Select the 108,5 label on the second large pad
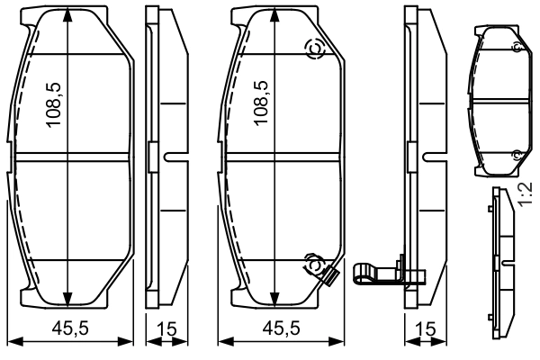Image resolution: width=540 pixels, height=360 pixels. [x=263, y=106]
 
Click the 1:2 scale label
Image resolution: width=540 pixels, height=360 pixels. [x=528, y=195]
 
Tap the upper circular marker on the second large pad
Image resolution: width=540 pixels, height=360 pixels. [x=316, y=50]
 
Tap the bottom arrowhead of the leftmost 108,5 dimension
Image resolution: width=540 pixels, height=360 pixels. [x=69, y=302]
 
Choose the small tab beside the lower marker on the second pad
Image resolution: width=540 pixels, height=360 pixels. [x=329, y=275]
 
